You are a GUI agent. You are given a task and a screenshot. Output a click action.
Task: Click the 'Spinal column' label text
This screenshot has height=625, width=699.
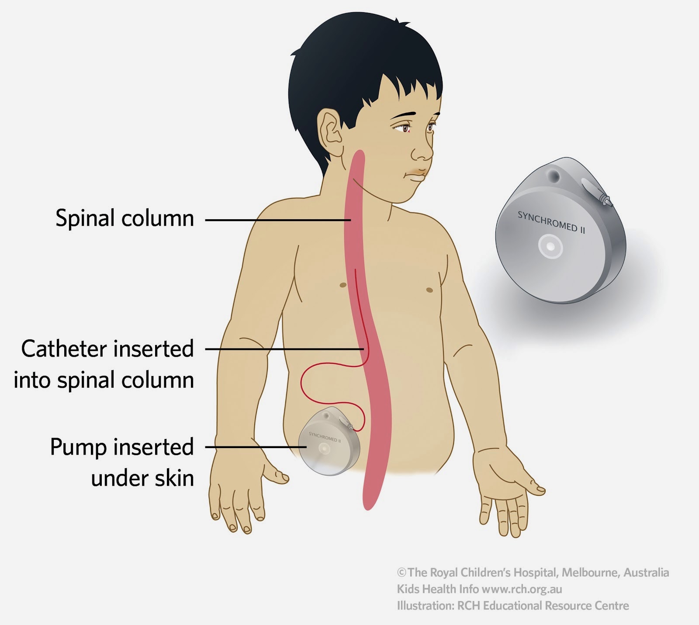pyautogui.click(x=125, y=218)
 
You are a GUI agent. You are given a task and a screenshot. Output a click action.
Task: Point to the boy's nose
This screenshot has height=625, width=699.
pyautogui.click(x=422, y=151)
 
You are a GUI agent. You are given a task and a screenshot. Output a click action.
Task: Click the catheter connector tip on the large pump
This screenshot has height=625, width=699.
pyautogui.click(x=605, y=200)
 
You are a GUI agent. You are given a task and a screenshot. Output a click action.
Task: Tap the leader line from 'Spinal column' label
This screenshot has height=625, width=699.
pyautogui.click(x=275, y=220)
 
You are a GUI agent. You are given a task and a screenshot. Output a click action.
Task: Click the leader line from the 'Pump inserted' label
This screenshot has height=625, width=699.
pyautogui.click(x=253, y=447)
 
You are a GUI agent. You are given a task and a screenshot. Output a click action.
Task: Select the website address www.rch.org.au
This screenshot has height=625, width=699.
pyautogui.click(x=522, y=589)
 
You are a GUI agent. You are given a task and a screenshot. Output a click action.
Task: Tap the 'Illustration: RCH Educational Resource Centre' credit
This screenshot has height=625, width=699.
pyautogui.click(x=513, y=606)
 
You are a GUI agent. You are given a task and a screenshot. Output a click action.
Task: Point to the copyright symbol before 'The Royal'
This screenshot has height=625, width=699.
pyautogui.click(x=401, y=573)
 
